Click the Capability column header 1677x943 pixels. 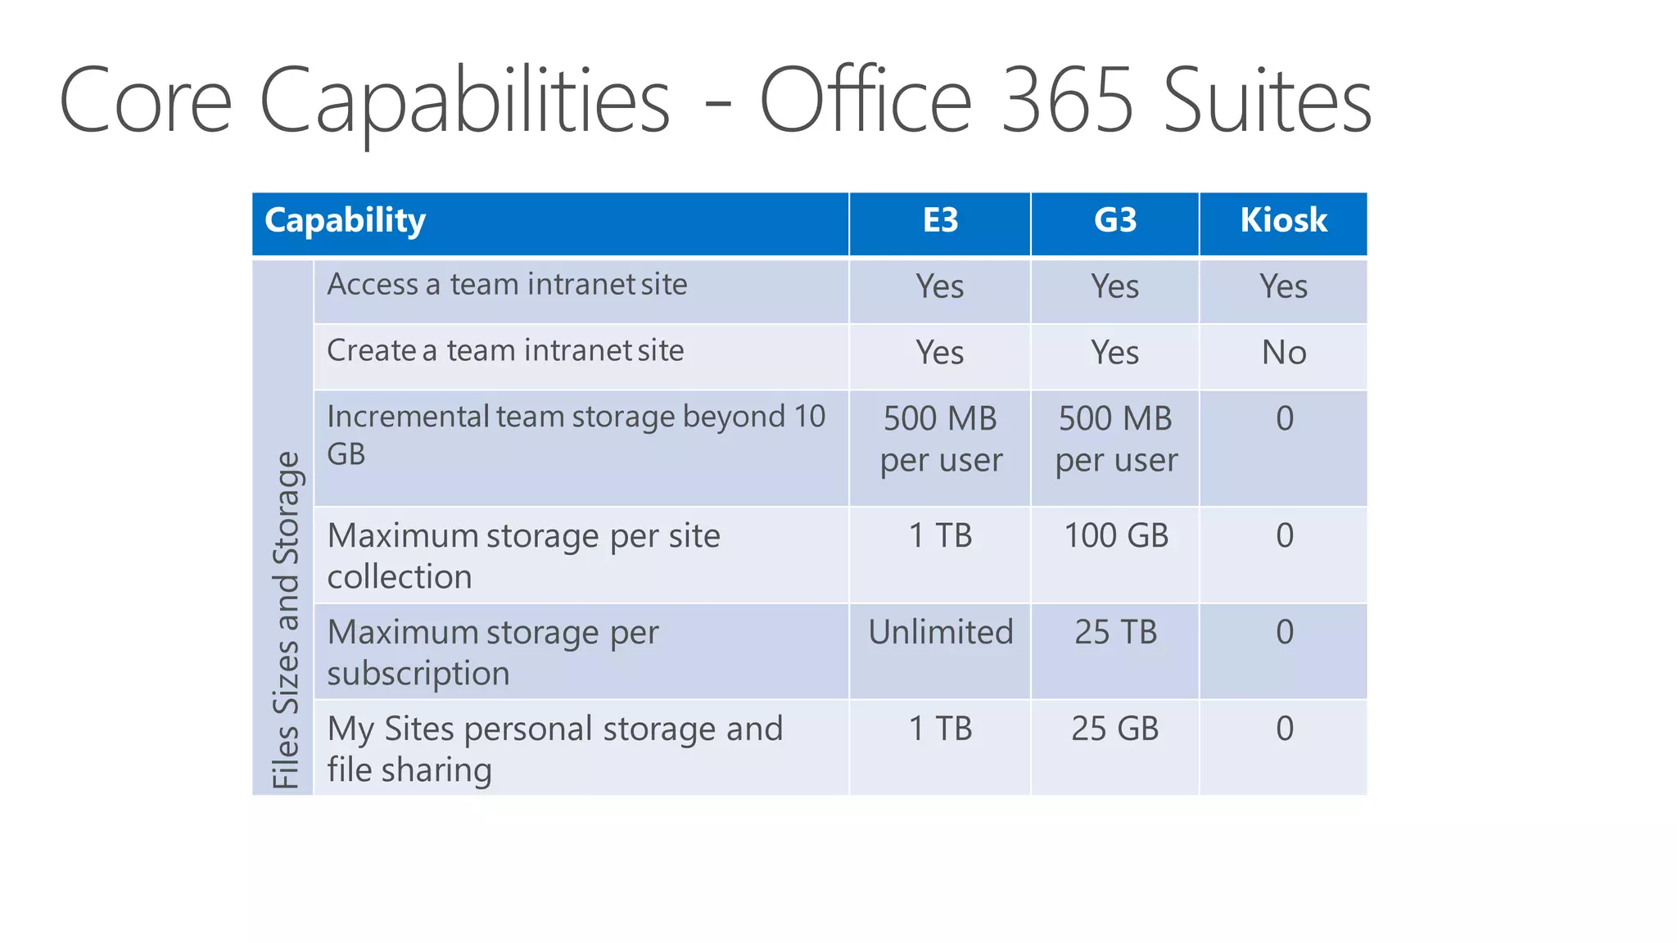[x=345, y=220]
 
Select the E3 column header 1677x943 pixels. [x=940, y=220]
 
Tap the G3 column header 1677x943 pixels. [x=1115, y=220]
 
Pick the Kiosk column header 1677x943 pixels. [x=1283, y=220]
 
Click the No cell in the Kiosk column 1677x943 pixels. [x=1284, y=353]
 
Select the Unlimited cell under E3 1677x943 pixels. [x=941, y=632]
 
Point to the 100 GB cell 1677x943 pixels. [x=1116, y=535]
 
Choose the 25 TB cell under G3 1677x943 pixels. [x=1115, y=632]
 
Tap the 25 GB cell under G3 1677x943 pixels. [x=1115, y=729]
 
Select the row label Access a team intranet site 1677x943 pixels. [x=507, y=285]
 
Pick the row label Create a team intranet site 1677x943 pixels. [x=505, y=351]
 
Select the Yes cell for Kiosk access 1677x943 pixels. [x=1283, y=287]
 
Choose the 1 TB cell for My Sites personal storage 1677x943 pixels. [x=941, y=729]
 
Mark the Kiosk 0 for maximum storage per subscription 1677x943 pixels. [x=1284, y=632]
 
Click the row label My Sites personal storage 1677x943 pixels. [x=555, y=748]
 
